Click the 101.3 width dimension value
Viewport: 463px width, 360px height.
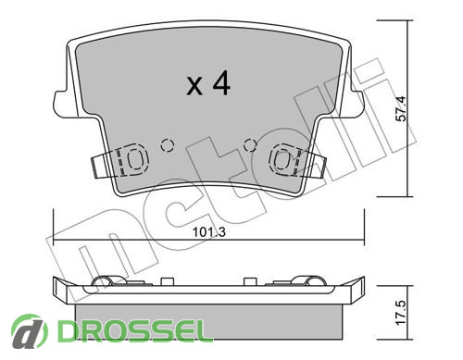(x=209, y=232)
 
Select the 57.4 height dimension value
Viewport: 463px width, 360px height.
(x=401, y=108)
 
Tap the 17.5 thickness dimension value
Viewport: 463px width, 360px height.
(x=401, y=313)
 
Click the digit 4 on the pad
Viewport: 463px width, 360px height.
(x=221, y=82)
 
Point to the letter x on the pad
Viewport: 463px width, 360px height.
(x=194, y=86)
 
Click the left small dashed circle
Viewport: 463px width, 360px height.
(x=167, y=145)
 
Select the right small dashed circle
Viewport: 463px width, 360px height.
(x=250, y=145)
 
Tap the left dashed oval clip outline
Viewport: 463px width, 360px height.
(x=135, y=159)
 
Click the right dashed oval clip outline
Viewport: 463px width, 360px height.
(x=282, y=159)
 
